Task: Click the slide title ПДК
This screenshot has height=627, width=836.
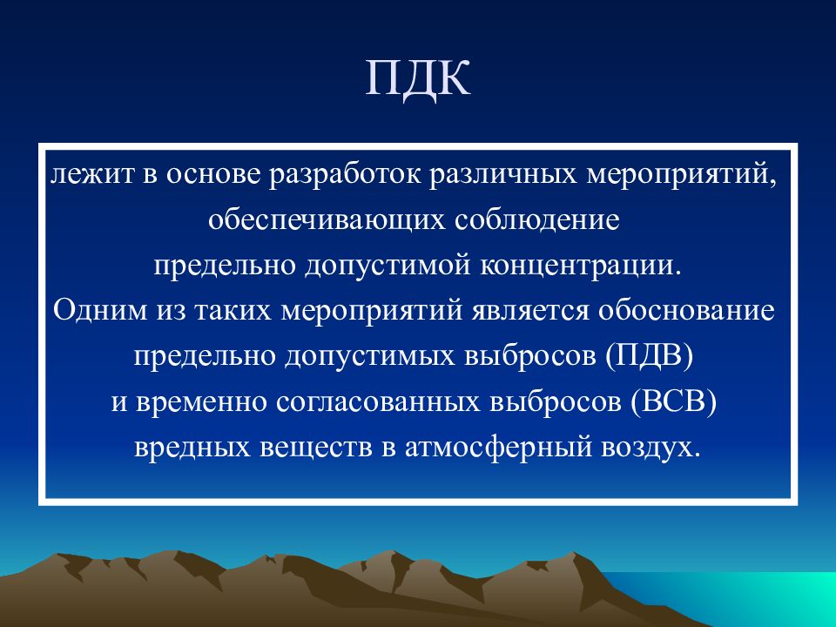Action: pos(418,79)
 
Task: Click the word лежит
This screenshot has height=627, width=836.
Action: pos(91,174)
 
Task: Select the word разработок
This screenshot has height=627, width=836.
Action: pos(345,175)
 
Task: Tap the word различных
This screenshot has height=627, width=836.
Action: pos(502,175)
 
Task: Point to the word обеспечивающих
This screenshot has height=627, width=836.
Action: pos(327,220)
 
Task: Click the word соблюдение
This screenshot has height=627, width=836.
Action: pos(537,219)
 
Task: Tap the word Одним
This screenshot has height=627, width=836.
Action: pos(100,310)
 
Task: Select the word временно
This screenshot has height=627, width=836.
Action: pos(201,402)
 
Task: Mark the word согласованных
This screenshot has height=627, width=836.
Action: pos(377,402)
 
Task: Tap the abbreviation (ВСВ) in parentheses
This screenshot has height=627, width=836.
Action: pos(673,402)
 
